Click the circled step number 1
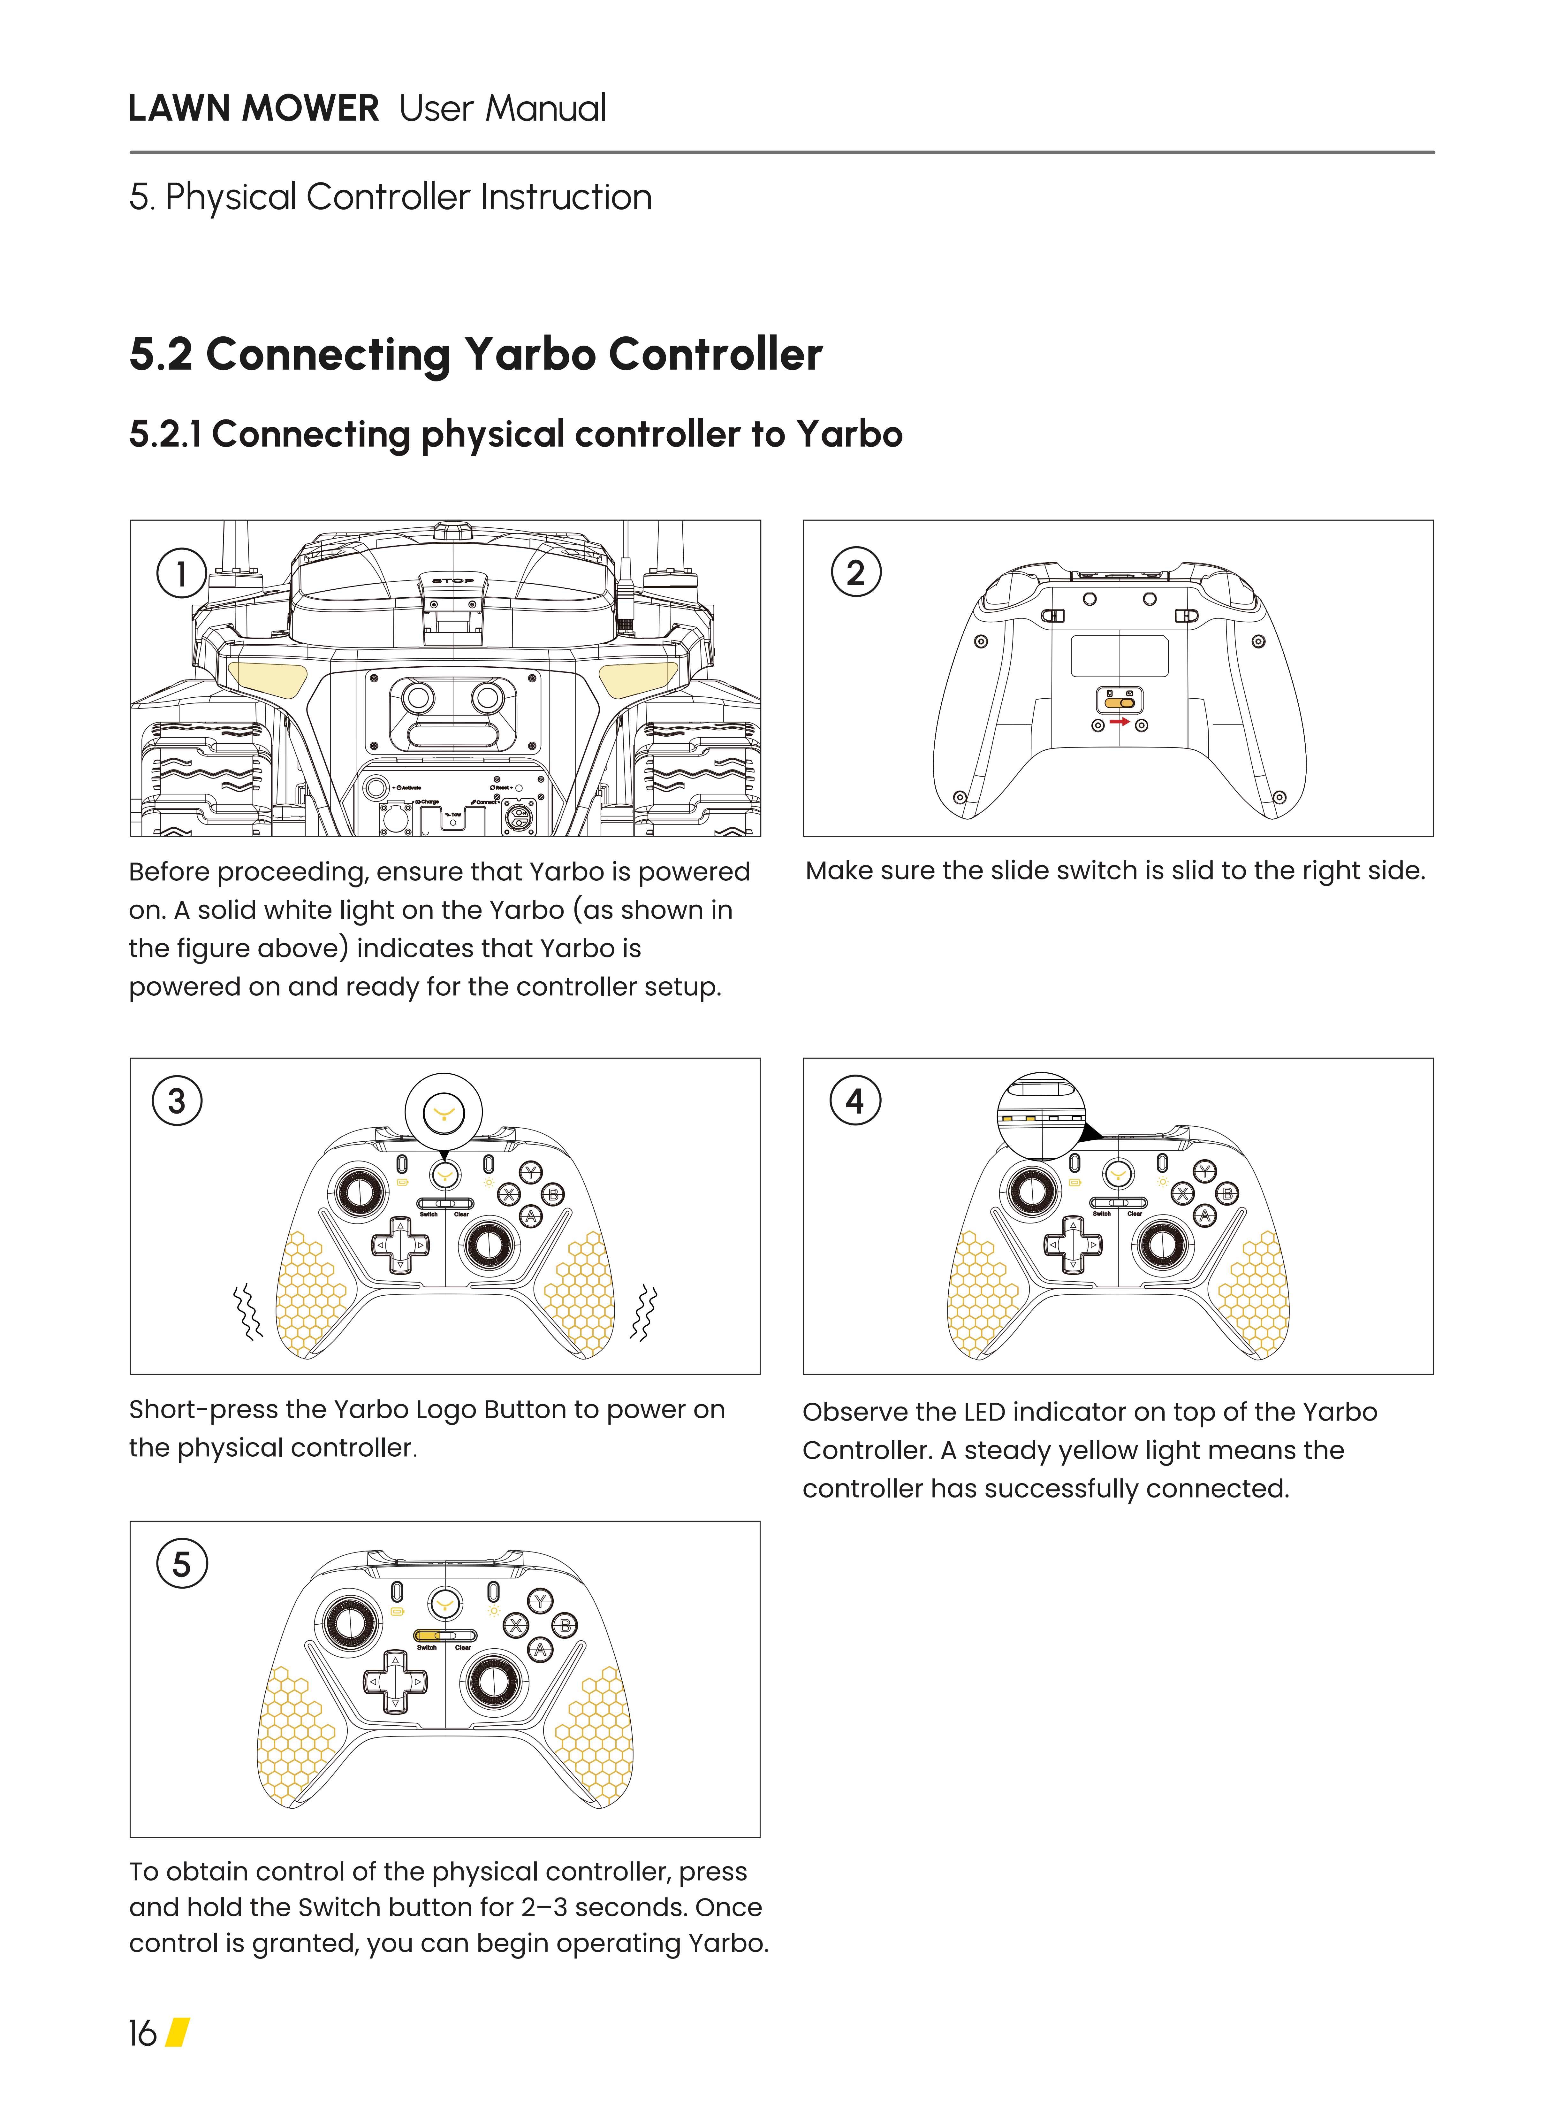coord(181,573)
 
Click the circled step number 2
coord(856,573)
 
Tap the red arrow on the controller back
coord(1120,722)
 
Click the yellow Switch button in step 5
coord(428,1636)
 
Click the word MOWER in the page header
coord(310,109)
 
